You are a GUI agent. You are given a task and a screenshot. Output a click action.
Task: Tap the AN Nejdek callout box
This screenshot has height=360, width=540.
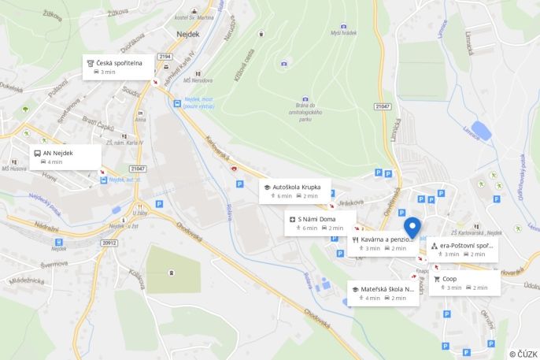pos(66,157)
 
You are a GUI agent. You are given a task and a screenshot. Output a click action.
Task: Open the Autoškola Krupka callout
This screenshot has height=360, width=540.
pos(294,191)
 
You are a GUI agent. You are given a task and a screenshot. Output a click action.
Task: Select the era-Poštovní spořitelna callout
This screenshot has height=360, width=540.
pos(463,250)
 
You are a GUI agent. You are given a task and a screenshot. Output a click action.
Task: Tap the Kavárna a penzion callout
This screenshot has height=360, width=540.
pos(383,243)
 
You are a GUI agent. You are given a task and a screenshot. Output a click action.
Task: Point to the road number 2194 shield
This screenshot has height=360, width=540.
pos(165,57)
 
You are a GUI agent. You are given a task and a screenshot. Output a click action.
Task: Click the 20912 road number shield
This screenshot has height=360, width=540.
pos(109,243)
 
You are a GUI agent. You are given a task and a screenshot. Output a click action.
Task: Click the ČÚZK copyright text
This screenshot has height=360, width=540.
pos(523,354)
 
